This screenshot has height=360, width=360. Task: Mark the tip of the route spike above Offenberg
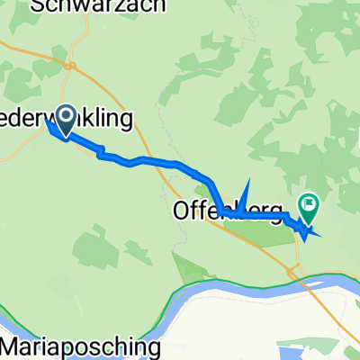(244, 183)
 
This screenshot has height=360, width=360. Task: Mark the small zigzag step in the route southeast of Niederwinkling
(101, 153)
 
